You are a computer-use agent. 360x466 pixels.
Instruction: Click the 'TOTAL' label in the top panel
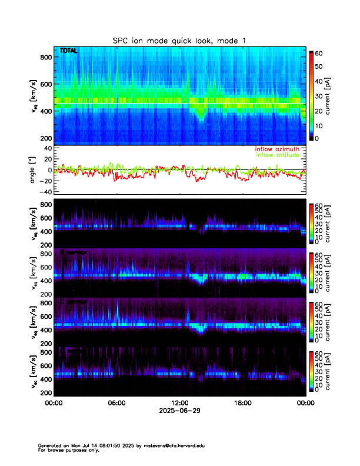(68, 51)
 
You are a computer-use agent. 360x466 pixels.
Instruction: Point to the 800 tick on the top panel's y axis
(45, 56)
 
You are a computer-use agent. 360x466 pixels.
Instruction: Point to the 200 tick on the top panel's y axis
(45, 138)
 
